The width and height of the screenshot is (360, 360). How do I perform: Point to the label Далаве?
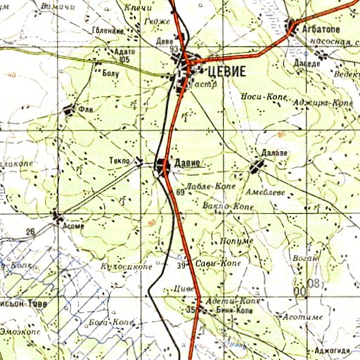pyautogui.click(x=275, y=154)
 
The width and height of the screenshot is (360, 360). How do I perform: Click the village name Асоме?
pyautogui.click(x=74, y=226)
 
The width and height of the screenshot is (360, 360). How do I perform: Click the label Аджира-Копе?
pyautogui.click(x=323, y=103)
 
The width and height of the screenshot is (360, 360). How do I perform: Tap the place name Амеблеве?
pyautogui.click(x=264, y=191)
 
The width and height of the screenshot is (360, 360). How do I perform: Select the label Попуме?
pyautogui.click(x=237, y=241)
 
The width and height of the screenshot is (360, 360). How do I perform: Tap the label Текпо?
pyautogui.click(x=119, y=161)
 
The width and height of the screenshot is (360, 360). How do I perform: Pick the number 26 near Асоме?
pyautogui.click(x=30, y=231)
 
